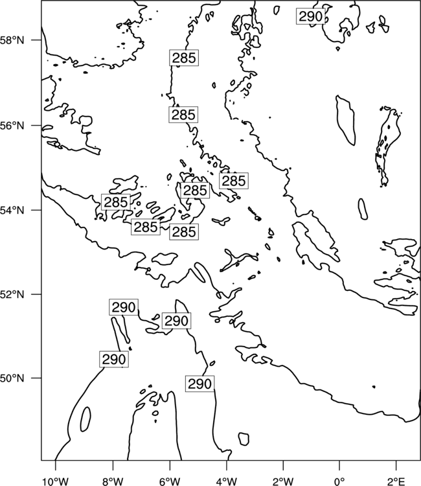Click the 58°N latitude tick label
click(x=12, y=40)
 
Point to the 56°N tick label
click(x=12, y=126)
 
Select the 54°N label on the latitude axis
click(x=12, y=210)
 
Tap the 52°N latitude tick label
click(x=12, y=294)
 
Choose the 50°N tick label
click(x=12, y=378)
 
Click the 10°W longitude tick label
click(x=56, y=481)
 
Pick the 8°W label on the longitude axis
click(x=113, y=481)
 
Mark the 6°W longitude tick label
click(x=170, y=481)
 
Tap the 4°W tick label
click(x=227, y=481)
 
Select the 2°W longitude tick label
click(x=284, y=481)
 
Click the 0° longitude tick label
click(x=339, y=481)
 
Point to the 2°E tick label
click(x=396, y=481)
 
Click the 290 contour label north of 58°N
click(x=311, y=16)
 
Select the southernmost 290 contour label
click(x=199, y=384)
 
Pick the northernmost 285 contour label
click(x=184, y=58)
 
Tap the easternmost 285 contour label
click(x=234, y=181)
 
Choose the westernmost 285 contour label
click(x=116, y=202)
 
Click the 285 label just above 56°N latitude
click(x=183, y=115)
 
